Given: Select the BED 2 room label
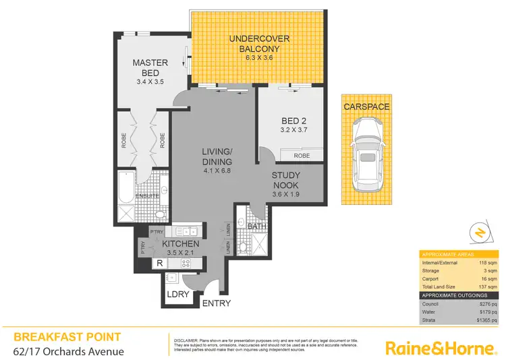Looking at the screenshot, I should pos(294,121).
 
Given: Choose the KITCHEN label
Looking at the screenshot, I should pos(180,243).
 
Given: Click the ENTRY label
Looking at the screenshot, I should pos(217,303).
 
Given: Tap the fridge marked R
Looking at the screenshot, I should pos(159,263).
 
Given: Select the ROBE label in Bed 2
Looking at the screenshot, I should pos(302,156).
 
